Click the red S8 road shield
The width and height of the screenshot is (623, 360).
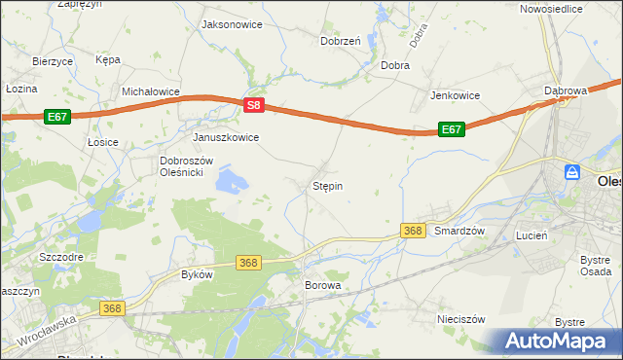coord(253,105)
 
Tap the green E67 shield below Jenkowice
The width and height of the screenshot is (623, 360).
coord(451,129)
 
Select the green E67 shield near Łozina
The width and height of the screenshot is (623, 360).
coord(57,117)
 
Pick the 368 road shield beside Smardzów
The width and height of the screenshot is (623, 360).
coord(413,231)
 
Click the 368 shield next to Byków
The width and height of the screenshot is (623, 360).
coord(248,263)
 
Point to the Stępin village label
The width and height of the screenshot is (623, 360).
coord(327,185)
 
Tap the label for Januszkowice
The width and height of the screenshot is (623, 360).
coord(226,137)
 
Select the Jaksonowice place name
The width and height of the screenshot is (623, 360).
coord(231,24)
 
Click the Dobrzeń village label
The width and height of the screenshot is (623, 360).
coord(341,42)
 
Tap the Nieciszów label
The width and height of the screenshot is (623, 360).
coord(461,318)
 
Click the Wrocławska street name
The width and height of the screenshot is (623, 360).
coord(46,332)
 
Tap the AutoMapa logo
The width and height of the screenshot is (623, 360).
coord(558,342)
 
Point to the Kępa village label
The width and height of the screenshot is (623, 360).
coord(107,59)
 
